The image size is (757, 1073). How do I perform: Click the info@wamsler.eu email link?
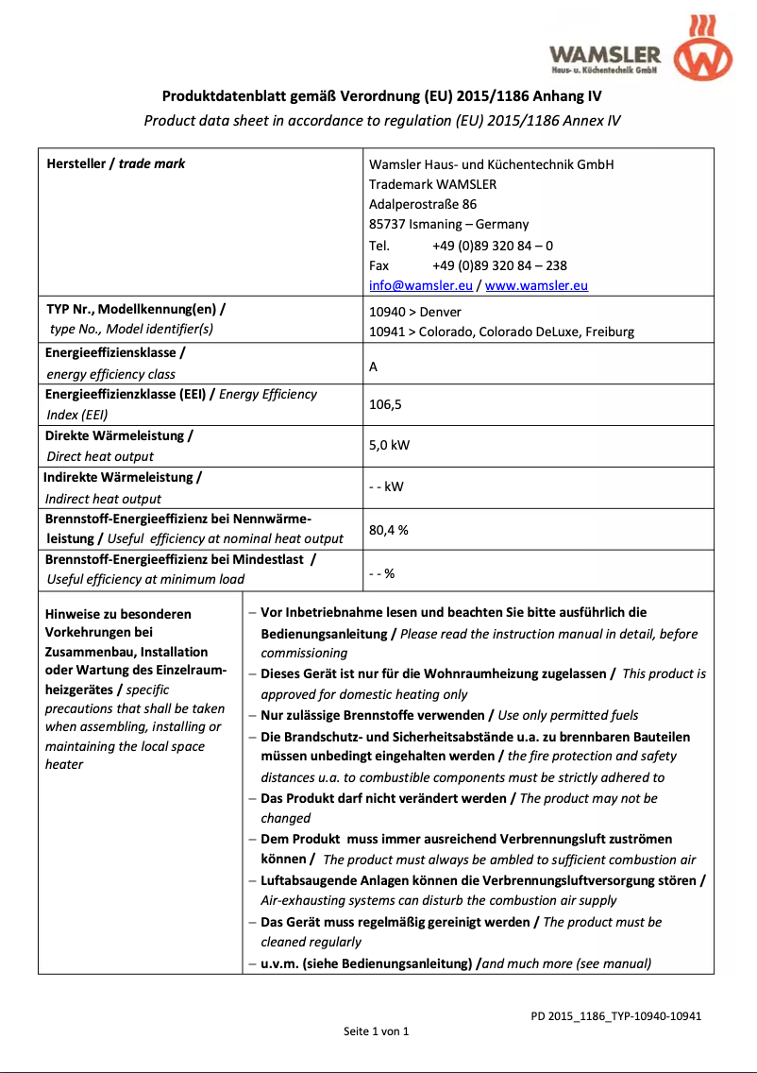tap(420, 286)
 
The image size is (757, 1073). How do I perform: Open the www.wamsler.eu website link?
tap(536, 286)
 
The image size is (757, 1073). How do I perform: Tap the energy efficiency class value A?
tap(374, 366)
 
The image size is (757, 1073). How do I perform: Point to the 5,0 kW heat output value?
tap(389, 446)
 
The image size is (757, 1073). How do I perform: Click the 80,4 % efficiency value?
tap(388, 531)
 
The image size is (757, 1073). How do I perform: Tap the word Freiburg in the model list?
tap(610, 332)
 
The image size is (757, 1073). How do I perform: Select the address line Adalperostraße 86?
tap(422, 205)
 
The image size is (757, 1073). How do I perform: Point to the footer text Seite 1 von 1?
tap(376, 1031)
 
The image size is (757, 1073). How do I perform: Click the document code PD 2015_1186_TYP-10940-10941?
tap(615, 1016)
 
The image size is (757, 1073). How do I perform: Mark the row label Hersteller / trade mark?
tap(116, 164)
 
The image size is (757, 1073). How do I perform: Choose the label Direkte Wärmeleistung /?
tap(119, 436)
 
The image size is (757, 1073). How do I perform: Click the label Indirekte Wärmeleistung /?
tap(122, 478)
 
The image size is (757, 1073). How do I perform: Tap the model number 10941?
tap(387, 332)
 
